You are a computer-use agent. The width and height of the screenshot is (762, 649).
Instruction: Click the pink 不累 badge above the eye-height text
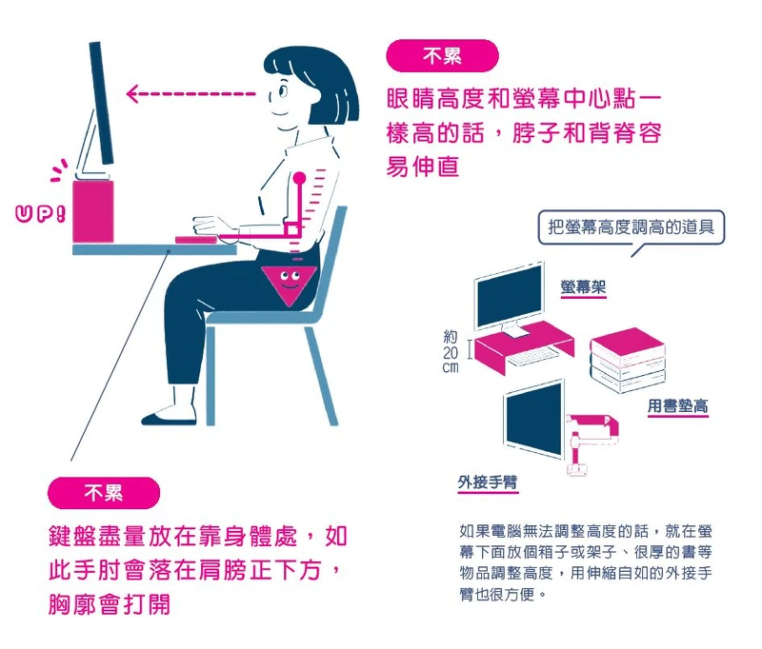pyautogui.click(x=442, y=56)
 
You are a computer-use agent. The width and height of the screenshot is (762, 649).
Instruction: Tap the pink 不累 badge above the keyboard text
pyautogui.click(x=104, y=493)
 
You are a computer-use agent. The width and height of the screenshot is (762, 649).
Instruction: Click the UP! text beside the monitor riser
pyautogui.click(x=40, y=213)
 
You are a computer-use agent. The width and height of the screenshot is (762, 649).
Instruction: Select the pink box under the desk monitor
pyautogui.click(x=93, y=211)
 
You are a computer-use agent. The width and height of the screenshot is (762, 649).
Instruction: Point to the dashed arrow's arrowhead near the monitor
pyautogui.click(x=131, y=93)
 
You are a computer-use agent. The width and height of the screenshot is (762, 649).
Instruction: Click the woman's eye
pyautogui.click(x=283, y=89)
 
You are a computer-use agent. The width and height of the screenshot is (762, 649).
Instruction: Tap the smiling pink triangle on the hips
pyautogui.click(x=289, y=285)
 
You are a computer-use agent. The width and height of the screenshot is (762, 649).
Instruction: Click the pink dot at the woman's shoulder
pyautogui.click(x=299, y=178)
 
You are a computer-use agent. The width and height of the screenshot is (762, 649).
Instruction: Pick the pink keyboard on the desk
pyautogui.click(x=196, y=240)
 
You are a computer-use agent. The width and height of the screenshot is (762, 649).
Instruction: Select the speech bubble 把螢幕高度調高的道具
pyautogui.click(x=631, y=228)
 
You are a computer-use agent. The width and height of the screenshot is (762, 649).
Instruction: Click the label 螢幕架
pyautogui.click(x=583, y=286)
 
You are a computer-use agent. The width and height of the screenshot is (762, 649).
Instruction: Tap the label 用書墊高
pyautogui.click(x=677, y=405)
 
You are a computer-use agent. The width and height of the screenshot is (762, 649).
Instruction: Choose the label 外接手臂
pyautogui.click(x=488, y=482)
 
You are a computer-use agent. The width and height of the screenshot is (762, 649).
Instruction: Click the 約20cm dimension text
pyautogui.click(x=451, y=351)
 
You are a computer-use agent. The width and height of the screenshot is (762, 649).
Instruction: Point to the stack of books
pyautogui.click(x=628, y=360)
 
